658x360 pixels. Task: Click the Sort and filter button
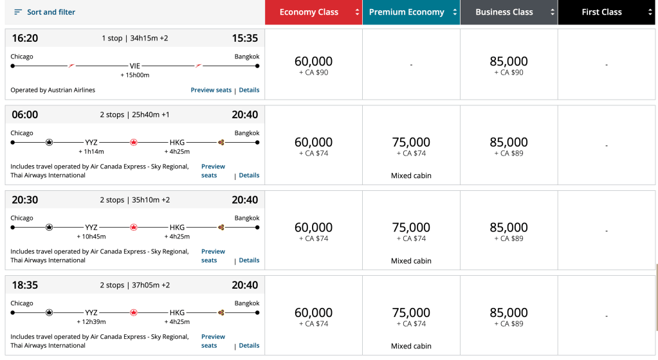(44, 12)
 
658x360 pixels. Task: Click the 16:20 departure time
(24, 38)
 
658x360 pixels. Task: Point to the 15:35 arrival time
(245, 38)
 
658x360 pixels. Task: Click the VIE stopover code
(135, 66)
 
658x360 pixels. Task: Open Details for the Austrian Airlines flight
(249, 90)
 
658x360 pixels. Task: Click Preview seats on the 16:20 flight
(211, 90)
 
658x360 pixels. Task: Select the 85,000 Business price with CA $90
(508, 62)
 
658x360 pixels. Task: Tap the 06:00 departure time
(24, 114)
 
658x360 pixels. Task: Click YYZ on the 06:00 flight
(91, 142)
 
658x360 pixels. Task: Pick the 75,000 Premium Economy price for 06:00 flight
(410, 143)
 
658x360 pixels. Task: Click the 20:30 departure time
(24, 200)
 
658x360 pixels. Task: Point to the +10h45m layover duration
(91, 237)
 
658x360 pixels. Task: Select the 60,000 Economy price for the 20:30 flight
(313, 228)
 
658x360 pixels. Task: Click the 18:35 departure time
(24, 285)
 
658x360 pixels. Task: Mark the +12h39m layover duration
(91, 321)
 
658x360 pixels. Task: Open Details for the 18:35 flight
(249, 345)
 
